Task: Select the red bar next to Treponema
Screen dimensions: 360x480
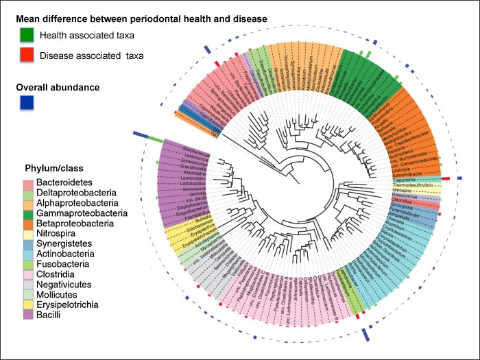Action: [446, 178]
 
